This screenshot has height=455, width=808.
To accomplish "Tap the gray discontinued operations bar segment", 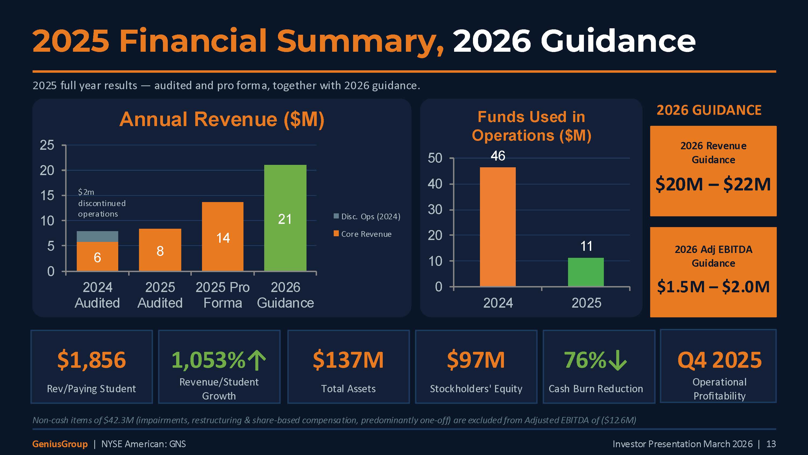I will [x=97, y=236].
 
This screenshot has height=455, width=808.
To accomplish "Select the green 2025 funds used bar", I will [x=586, y=272].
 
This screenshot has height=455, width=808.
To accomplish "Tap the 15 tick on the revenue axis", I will [x=47, y=196].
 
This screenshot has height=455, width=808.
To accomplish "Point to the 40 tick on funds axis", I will [x=435, y=184].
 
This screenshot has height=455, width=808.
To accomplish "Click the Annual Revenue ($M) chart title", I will [x=222, y=120].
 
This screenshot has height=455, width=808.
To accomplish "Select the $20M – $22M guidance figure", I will [x=713, y=184].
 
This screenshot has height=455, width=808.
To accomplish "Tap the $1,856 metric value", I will [x=91, y=360].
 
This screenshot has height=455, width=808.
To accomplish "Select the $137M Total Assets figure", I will [x=348, y=360].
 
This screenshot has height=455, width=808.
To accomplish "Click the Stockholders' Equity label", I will [x=476, y=389].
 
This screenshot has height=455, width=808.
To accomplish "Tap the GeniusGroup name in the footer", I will [x=60, y=444].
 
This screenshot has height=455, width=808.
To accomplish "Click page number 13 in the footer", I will [x=771, y=444].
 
